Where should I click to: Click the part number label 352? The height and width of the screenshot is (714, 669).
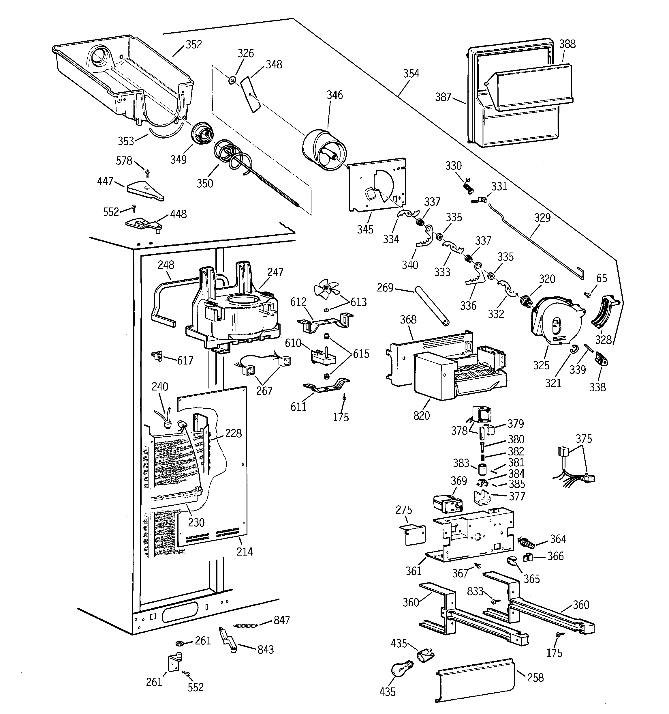click(194, 44)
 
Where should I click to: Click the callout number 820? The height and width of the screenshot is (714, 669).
click(421, 416)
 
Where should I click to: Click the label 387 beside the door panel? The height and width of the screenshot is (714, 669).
click(443, 97)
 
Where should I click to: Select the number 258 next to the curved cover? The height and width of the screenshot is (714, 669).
click(535, 677)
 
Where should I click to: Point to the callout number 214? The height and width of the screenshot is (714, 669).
click(245, 551)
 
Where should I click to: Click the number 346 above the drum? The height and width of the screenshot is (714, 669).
click(334, 95)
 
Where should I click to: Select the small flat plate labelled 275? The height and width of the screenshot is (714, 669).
click(413, 535)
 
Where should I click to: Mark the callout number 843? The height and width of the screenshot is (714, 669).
click(265, 649)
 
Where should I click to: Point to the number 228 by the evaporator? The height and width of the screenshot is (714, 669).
click(233, 433)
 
